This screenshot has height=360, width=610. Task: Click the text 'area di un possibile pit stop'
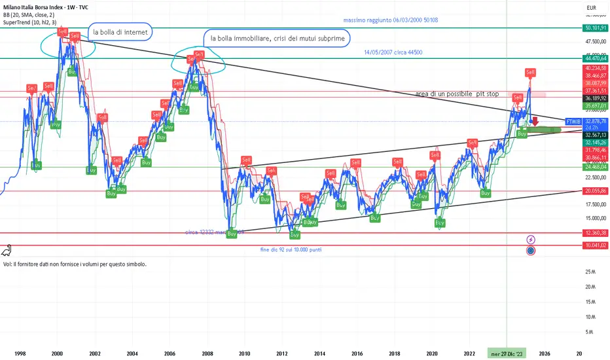pos(457,94)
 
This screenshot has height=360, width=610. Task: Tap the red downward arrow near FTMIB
pos(535,121)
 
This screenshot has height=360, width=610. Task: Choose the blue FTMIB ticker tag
pos(573,122)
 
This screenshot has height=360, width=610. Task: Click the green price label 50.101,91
pos(596,29)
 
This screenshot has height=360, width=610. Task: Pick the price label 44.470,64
pos(596,58)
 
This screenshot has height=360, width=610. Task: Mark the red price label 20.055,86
pos(596,191)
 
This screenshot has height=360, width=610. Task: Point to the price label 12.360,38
pos(596,233)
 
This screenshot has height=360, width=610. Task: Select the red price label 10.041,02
pos(596,245)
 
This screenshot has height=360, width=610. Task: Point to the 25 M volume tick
pos(590,272)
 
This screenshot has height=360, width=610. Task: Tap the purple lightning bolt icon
pos(531,240)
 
